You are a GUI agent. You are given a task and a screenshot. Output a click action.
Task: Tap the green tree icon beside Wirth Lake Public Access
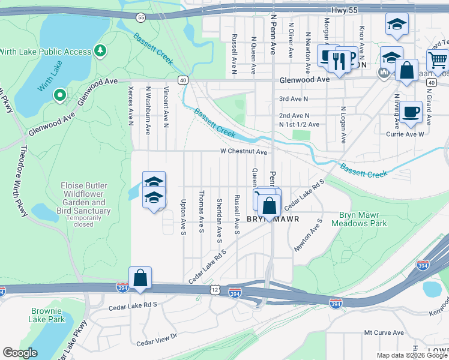pyautogui.click(x=101, y=50)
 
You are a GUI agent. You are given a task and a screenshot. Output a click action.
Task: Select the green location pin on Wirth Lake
pyautogui.click(x=59, y=95)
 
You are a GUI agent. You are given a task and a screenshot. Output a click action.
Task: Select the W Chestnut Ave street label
pyautogui.click(x=243, y=152)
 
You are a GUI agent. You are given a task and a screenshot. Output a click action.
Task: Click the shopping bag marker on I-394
pyautogui.click(x=140, y=278)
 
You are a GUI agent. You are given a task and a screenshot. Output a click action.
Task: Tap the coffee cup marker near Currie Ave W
pyautogui.click(x=411, y=112)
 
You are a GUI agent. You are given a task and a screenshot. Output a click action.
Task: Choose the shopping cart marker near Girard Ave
pyautogui.click(x=438, y=61)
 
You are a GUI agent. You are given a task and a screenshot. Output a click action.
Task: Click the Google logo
pyautogui.click(x=20, y=353)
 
